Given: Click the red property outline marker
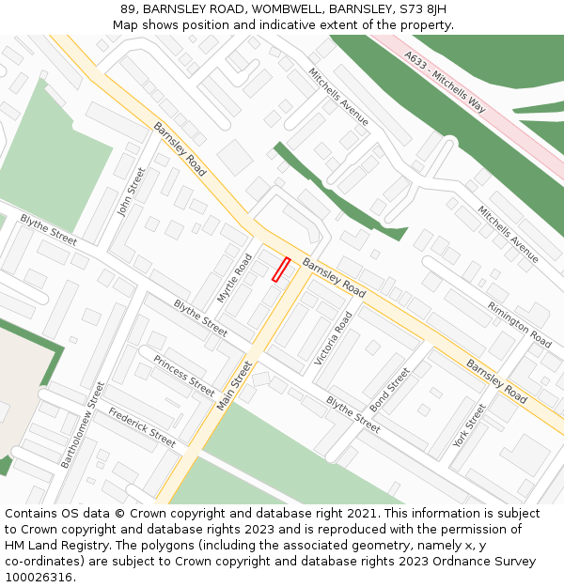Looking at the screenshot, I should click(281, 270).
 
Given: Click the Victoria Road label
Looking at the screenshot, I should click(334, 339).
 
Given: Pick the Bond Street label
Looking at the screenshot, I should click(390, 390).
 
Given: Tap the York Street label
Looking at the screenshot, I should click(469, 425).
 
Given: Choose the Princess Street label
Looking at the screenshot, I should click(184, 375).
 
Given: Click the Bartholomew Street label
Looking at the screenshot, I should click(83, 425).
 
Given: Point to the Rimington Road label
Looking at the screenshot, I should click(519, 325).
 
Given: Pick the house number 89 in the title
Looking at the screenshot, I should click(128, 9).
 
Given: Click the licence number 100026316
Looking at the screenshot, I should click(39, 577).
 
